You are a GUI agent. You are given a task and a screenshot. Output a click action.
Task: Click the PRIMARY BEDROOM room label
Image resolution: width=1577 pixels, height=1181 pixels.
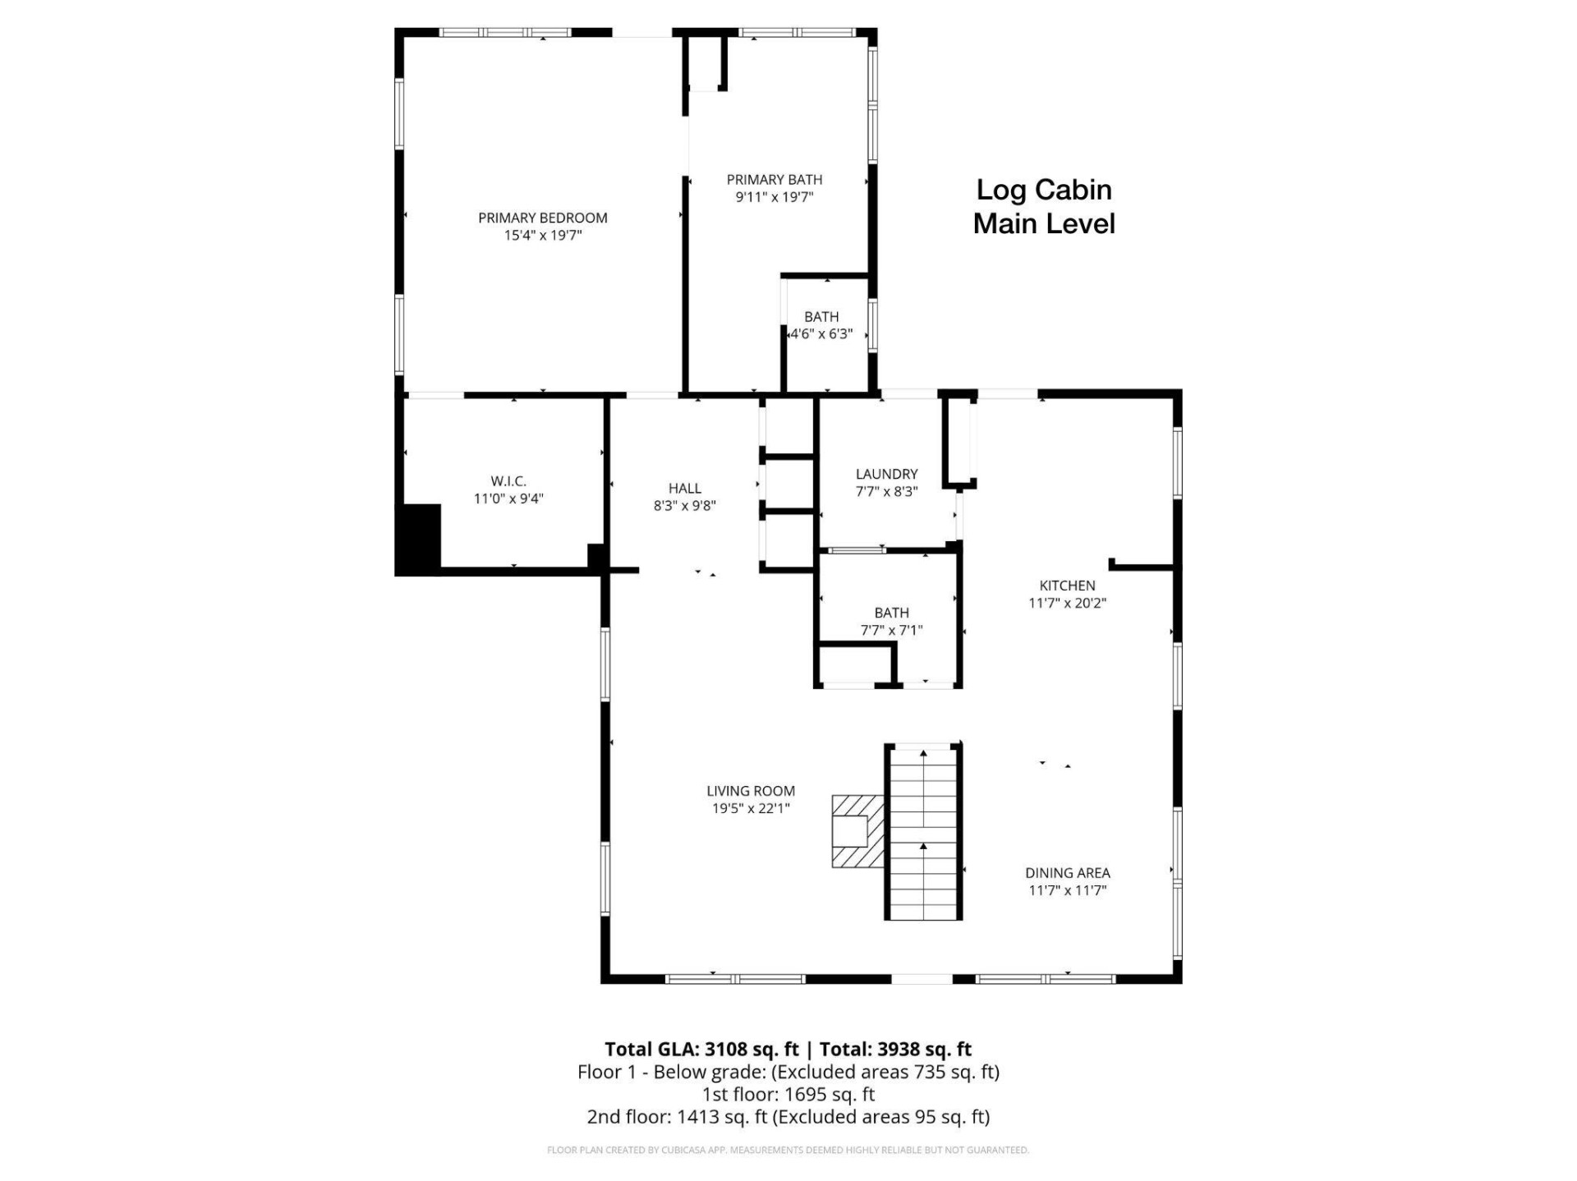pos(542,218)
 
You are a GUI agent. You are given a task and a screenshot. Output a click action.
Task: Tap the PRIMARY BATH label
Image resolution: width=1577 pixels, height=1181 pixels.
pos(774,180)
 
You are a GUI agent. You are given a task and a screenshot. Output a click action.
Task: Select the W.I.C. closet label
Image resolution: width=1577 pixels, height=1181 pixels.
pos(508,481)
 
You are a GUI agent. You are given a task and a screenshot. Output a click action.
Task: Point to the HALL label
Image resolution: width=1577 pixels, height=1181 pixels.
pos(684,489)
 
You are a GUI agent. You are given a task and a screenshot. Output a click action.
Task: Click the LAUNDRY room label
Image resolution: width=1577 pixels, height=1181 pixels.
pos(886,474)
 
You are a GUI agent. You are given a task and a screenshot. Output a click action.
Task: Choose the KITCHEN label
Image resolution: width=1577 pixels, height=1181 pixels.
pos(1067,586)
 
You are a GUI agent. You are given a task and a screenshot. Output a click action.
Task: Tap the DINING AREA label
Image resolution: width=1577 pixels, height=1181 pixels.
pos(1067,873)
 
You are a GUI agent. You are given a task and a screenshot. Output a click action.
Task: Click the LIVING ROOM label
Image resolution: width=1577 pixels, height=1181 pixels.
pos(751,791)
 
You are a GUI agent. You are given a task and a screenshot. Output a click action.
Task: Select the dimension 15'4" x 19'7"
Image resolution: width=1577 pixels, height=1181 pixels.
pos(542,236)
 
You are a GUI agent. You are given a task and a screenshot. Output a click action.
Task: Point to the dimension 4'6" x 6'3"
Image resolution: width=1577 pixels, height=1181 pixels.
pos(821,334)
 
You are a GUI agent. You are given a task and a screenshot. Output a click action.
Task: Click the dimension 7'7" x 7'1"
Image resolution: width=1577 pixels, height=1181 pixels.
pos(891,631)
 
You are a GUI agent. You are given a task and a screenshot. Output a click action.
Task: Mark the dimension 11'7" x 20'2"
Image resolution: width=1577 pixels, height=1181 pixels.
pos(1067,603)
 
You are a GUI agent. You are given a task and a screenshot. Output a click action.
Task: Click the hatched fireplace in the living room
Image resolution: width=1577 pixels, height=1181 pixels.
pos(857,831)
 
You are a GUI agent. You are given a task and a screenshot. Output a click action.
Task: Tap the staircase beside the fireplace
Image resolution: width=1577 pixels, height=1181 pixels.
pos(923,831)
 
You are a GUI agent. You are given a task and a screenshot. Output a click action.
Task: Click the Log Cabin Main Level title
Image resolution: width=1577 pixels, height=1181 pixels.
pos(1044,207)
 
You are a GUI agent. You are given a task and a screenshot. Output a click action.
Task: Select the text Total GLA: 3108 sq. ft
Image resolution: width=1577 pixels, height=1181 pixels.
pos(701,1049)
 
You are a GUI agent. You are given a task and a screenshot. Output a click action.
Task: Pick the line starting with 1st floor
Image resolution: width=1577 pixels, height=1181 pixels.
pos(788,1094)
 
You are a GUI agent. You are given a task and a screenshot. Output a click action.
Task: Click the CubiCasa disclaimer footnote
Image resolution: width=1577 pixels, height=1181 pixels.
pos(788,1150)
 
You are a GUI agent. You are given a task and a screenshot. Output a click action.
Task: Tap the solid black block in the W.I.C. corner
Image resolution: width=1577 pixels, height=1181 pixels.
pos(419,539)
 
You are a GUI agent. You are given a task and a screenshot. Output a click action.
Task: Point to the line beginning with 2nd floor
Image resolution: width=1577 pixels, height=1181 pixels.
pos(788,1117)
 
